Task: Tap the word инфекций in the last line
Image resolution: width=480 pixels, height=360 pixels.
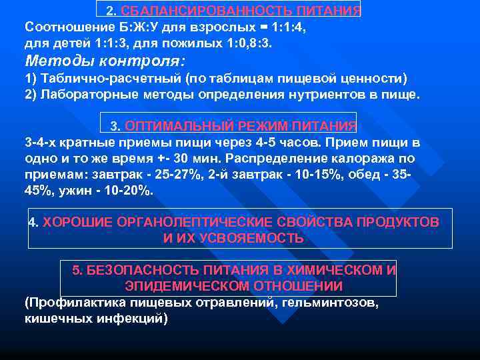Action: tap(130, 319)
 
